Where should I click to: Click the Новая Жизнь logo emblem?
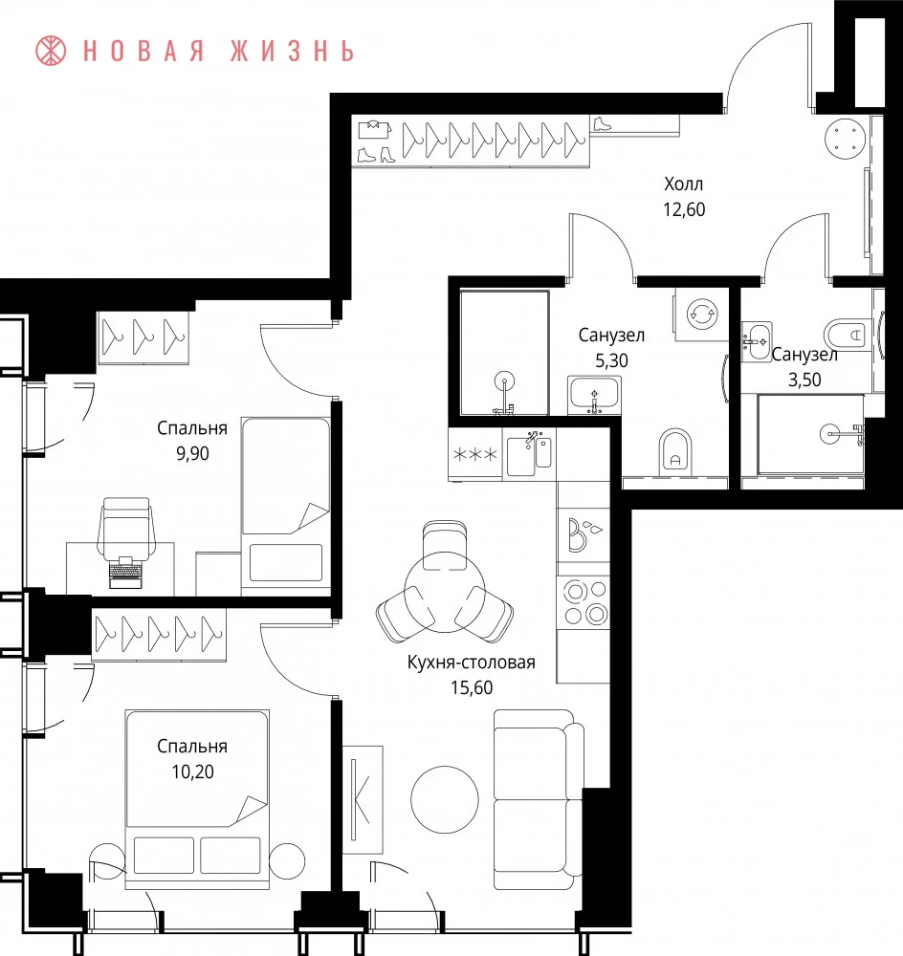[51, 51]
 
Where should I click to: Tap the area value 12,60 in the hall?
[684, 209]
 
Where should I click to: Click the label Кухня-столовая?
[471, 663]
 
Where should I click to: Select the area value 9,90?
[192, 453]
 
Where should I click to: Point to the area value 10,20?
[192, 771]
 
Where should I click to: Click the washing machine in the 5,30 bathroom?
[702, 314]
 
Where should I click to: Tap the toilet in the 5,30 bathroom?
[675, 452]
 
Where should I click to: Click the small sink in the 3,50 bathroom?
[757, 342]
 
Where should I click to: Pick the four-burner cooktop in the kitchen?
[584, 602]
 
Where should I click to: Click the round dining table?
[444, 592]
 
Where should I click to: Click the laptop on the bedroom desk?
[125, 572]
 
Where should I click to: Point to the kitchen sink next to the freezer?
[529, 453]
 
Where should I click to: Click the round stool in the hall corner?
[845, 139]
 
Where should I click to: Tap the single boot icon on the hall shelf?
[603, 123]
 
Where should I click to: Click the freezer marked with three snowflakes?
[475, 454]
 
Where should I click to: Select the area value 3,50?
[804, 380]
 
